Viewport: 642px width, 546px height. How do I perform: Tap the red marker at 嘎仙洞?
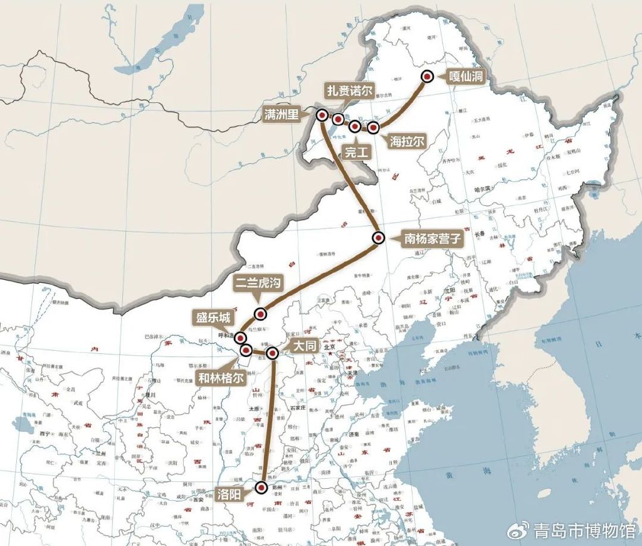(x=428, y=77)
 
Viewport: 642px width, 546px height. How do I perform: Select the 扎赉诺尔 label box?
(x=349, y=90)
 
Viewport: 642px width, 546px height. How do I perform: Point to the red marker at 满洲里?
(x=322, y=115)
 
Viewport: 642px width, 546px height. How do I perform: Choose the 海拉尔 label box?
(x=407, y=141)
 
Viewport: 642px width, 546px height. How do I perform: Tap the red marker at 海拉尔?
(x=373, y=128)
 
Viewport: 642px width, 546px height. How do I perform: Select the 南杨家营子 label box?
(x=431, y=238)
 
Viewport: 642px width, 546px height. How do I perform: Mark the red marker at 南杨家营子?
(x=378, y=238)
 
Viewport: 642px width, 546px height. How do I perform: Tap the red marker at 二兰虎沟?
(x=260, y=314)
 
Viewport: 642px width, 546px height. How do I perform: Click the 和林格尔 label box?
(x=220, y=378)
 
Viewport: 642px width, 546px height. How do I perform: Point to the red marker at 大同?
(x=272, y=353)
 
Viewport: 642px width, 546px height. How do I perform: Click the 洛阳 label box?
(x=230, y=493)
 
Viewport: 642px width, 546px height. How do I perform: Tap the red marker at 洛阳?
(x=261, y=486)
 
